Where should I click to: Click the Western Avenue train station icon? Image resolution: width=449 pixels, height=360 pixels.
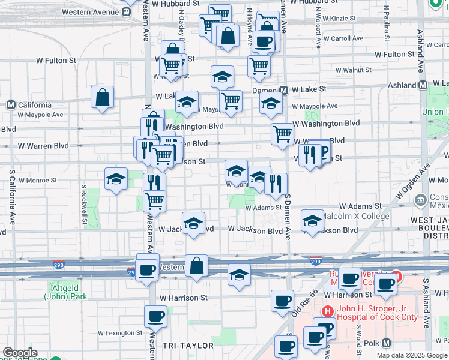tap(127, 11)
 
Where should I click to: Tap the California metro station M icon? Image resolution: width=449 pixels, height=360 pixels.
tap(11, 105)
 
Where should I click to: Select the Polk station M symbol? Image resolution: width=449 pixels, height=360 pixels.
tap(386, 343)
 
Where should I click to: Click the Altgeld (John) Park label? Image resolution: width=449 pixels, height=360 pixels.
tap(65, 292)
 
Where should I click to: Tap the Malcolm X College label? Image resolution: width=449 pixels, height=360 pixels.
tap(356, 216)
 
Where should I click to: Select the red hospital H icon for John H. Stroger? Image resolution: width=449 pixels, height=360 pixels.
tap(327, 311)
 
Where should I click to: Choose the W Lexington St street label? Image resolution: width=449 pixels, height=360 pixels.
tap(120, 332)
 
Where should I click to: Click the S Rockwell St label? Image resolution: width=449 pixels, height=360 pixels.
tap(84, 200)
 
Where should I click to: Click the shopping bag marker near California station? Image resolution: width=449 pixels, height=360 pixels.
tap(103, 97)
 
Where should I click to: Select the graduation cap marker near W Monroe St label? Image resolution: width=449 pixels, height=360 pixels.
tap(116, 178)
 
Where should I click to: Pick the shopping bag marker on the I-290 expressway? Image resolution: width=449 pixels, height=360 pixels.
tap(196, 265)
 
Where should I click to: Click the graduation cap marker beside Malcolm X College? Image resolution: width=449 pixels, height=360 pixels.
tap(312, 221)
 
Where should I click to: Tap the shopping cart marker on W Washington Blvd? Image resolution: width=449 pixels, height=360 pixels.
tap(282, 134)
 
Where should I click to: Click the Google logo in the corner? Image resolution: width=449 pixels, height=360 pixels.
tap(19, 353)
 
